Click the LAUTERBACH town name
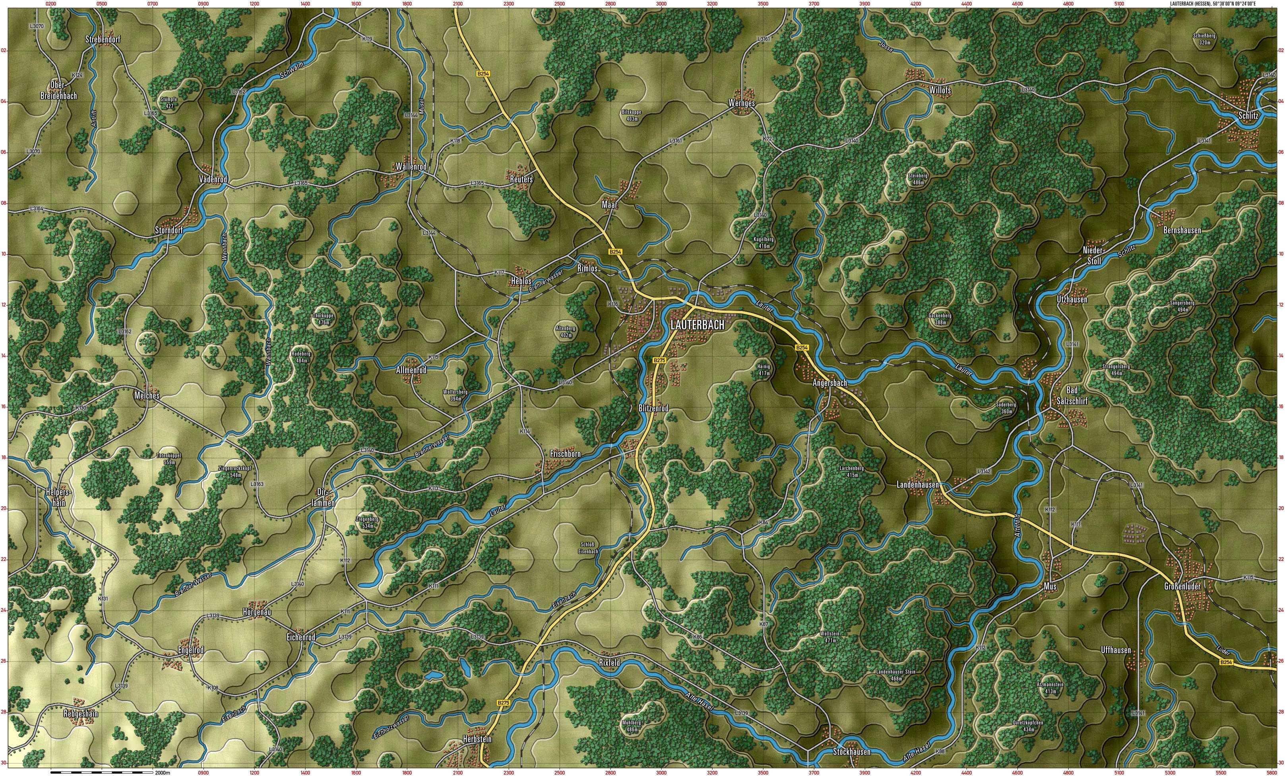[x=697, y=324]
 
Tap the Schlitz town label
[x=1248, y=116]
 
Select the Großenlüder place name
[x=1182, y=586]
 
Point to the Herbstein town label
[x=477, y=739]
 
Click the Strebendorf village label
[x=103, y=39]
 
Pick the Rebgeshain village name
[x=81, y=714]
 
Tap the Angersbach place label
[x=830, y=383]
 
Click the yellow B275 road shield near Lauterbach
[x=659, y=360]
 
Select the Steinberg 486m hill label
[x=918, y=179]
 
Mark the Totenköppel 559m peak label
[x=169, y=458]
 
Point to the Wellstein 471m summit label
[x=830, y=637]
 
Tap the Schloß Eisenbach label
[x=588, y=547]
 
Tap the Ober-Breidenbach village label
[x=59, y=90]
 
